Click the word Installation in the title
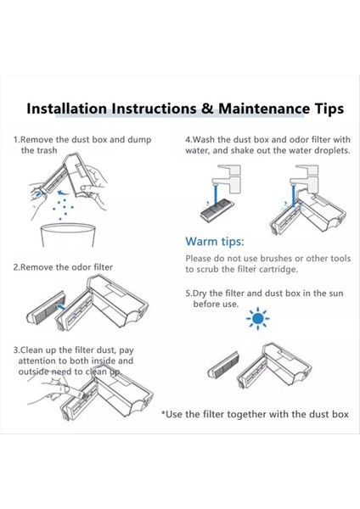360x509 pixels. tap(66, 109)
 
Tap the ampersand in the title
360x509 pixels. tap(207, 109)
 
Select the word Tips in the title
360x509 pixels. tap(329, 109)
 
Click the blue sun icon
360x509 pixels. tap(257, 318)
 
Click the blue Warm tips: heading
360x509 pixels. tap(215, 242)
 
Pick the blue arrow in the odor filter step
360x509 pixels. tap(60, 306)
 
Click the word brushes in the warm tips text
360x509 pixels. tap(276, 259)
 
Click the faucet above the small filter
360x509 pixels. tap(226, 178)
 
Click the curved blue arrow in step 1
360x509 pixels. tap(64, 193)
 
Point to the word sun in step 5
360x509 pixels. tap(335, 294)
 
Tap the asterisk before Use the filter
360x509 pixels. tap(163, 413)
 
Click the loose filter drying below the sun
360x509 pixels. tap(223, 365)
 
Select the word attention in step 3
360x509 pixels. tap(37, 361)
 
